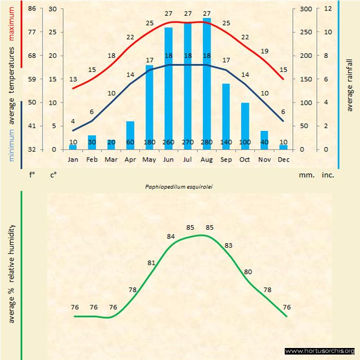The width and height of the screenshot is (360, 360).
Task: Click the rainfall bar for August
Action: [x=207, y=82]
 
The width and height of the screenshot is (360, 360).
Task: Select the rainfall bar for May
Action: [x=149, y=106]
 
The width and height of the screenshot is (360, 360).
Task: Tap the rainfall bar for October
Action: [x=245, y=125]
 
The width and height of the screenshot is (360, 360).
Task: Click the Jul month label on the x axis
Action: [x=188, y=160]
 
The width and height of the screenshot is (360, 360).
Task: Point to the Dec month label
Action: [x=283, y=160]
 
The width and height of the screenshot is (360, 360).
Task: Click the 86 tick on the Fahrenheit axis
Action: [x=32, y=9]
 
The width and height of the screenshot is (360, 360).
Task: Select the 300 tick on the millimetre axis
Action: [x=305, y=9]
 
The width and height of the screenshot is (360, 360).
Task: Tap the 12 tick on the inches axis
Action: [x=328, y=9]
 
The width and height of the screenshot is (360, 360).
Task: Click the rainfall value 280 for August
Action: [x=207, y=142]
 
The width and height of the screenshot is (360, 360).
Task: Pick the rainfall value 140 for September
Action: [x=226, y=142]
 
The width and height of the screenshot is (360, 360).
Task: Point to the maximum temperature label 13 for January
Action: [x=73, y=80]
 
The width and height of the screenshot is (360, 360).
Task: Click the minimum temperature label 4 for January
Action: [x=73, y=121]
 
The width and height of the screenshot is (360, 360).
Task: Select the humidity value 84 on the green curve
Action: [x=171, y=237]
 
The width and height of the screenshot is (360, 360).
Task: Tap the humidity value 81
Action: [x=152, y=263]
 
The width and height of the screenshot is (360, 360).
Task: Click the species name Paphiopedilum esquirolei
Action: [x=179, y=186]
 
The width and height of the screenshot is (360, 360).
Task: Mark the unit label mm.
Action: [x=306, y=176]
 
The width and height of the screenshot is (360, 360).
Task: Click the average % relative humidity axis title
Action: [x=11, y=273]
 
